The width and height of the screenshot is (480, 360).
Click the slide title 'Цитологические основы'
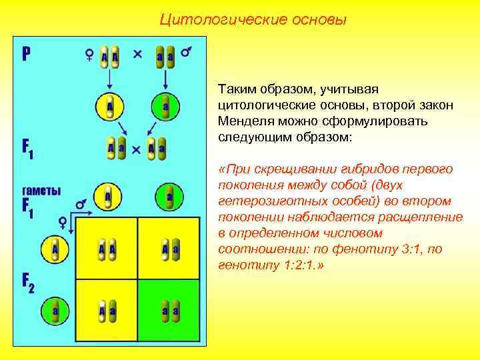click(x=253, y=19)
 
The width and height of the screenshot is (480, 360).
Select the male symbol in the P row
click(x=188, y=53)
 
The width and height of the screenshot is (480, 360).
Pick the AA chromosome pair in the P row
click(x=109, y=57)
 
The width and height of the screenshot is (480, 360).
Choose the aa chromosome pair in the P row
click(x=165, y=57)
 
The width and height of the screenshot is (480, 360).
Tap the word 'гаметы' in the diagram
click(x=42, y=190)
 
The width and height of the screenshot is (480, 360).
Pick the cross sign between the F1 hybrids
click(x=136, y=149)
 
